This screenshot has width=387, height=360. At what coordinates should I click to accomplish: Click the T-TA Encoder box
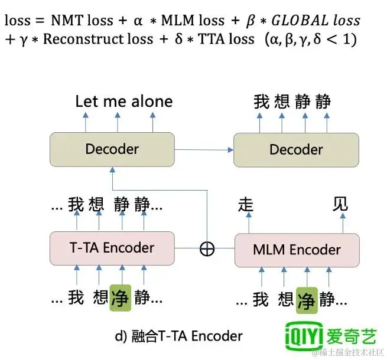[x=112, y=248]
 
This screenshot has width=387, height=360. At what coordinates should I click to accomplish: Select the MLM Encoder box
[x=297, y=250]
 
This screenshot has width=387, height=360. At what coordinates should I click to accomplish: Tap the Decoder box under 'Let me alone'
[x=112, y=149]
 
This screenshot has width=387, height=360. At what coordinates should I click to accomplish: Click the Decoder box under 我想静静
[x=296, y=149]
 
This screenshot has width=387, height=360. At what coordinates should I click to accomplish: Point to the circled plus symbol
[x=207, y=249]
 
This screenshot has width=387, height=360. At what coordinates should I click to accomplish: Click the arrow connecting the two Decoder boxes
[x=204, y=149]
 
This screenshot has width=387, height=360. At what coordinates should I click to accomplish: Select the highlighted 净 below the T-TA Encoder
[x=121, y=297]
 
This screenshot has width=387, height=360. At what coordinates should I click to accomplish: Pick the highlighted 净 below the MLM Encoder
[x=307, y=299]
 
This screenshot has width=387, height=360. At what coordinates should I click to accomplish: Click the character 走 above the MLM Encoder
[x=245, y=205]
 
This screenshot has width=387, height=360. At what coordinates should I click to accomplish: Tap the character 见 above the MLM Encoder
[x=341, y=205]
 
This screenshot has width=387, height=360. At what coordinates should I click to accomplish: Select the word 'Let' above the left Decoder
[x=86, y=102]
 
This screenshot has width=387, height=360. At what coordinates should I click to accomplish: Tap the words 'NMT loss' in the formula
[x=79, y=20]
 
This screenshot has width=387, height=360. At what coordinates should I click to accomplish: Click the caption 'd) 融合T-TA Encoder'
[x=178, y=336]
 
